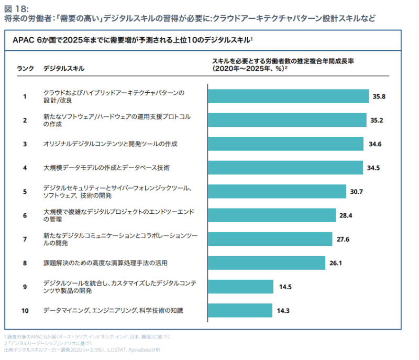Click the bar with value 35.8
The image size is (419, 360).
[x=288, y=96]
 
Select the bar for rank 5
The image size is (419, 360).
[x=277, y=191]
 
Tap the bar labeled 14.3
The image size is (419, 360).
[x=240, y=310]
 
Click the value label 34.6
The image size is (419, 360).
[x=375, y=144]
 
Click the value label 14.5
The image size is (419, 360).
[x=285, y=287]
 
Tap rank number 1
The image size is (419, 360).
[x=25, y=96]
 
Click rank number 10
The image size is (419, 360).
[x=25, y=310]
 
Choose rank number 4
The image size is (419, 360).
[x=25, y=168]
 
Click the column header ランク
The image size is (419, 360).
[x=26, y=68]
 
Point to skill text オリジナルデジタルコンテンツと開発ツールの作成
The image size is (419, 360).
[x=111, y=144]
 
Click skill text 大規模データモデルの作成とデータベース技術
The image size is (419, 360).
[x=106, y=168]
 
